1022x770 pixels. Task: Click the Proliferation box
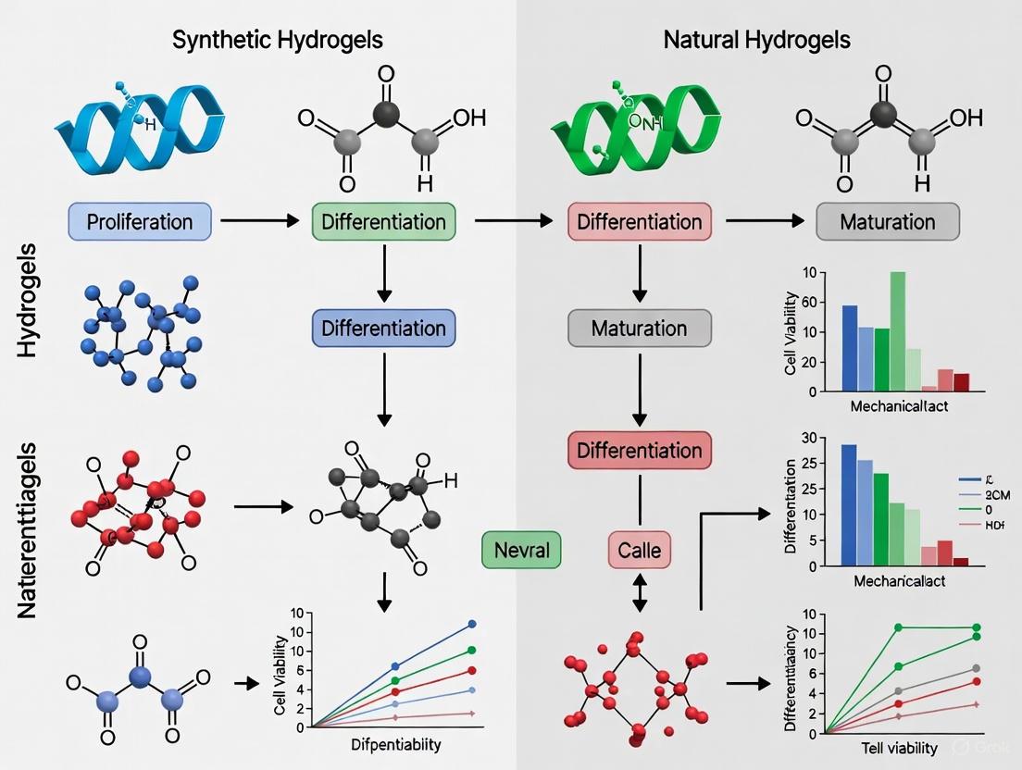140,222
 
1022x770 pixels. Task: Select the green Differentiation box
383,222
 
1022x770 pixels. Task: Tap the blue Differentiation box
383,329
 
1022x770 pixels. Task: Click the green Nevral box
516,551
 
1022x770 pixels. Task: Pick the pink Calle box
639,551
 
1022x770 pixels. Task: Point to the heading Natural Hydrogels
757,40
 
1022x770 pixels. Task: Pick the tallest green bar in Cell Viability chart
897,331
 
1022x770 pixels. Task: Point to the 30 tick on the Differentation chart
806,439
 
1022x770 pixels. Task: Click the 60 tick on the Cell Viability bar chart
810,302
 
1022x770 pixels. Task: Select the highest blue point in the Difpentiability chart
471,625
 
